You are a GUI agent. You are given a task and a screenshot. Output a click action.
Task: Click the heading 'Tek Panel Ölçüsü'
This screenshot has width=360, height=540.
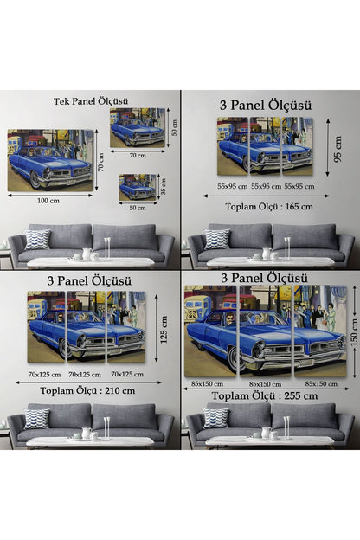click(x=91, y=101)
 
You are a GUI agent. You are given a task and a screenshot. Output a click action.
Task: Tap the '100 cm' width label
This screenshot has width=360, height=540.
click(x=48, y=201)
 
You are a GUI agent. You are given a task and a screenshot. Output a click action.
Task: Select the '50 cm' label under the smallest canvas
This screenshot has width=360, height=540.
click(x=138, y=208)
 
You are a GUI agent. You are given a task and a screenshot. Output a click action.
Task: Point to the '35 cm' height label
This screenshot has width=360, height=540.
click(x=164, y=186)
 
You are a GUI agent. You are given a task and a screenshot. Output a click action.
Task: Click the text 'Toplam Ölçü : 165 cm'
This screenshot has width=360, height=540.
click(x=269, y=207)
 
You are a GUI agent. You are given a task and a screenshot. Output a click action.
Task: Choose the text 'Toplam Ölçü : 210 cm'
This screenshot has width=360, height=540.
click(x=87, y=391)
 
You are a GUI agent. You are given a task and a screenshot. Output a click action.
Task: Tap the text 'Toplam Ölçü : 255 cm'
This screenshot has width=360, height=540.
click(x=265, y=396)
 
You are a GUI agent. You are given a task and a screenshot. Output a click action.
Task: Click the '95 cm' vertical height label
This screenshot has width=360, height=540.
click(x=338, y=149)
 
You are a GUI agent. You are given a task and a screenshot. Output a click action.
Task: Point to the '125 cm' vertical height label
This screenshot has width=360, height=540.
click(x=164, y=329)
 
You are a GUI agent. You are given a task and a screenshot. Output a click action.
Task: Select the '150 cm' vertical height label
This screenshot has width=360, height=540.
click(x=354, y=332)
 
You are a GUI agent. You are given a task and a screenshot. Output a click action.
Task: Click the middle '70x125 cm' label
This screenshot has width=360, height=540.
click(x=85, y=375)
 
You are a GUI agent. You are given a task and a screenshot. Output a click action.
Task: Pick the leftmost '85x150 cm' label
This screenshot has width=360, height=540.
click(x=207, y=383)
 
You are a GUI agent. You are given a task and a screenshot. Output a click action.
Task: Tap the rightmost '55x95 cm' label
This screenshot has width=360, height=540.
click(x=299, y=186)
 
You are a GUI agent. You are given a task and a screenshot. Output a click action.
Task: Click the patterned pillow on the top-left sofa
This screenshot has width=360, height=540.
click(x=37, y=239)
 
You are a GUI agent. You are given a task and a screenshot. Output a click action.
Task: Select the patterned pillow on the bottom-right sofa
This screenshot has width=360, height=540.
click(x=216, y=418)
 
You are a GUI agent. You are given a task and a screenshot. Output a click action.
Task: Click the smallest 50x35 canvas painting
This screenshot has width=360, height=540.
click(x=138, y=187)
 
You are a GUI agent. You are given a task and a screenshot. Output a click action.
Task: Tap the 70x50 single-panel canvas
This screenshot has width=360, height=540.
click(x=138, y=128)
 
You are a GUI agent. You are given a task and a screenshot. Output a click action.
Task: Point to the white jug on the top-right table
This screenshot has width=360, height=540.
click(x=267, y=254)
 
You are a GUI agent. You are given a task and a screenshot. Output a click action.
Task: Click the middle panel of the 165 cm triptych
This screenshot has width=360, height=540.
click(x=266, y=145)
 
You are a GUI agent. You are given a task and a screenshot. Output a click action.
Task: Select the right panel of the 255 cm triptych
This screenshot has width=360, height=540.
click(x=320, y=331)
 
